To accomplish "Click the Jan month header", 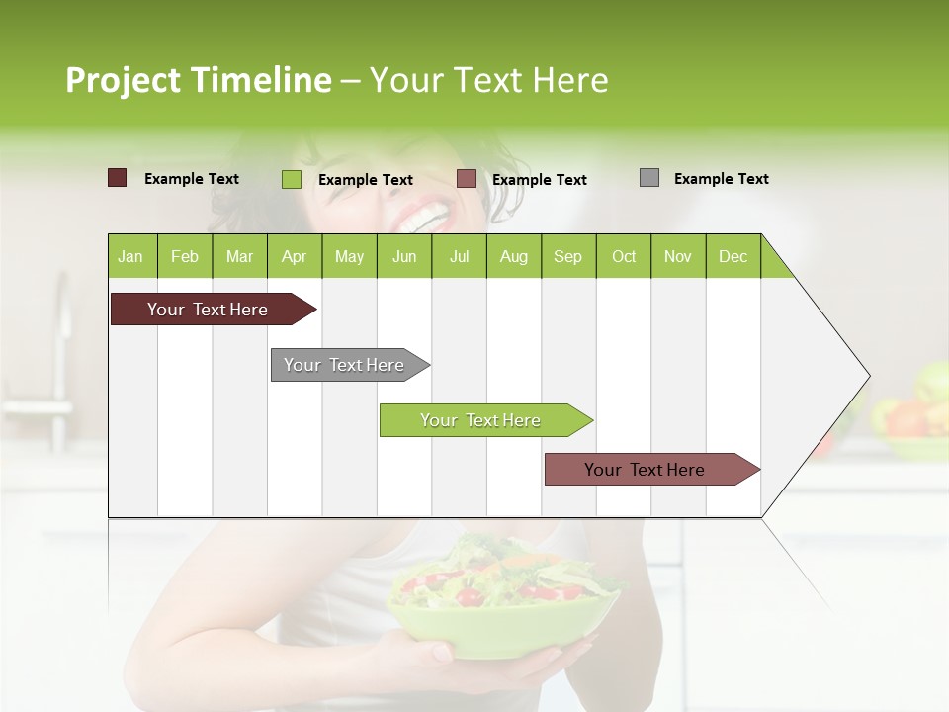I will click(x=131, y=256).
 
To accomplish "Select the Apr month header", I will click(x=295, y=256).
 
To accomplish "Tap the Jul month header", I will click(x=459, y=256).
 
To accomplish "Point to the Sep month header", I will click(x=567, y=256).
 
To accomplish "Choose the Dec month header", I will click(x=733, y=256).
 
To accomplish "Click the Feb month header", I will click(x=185, y=256).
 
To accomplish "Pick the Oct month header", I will click(x=624, y=256).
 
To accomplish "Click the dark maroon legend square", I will click(x=117, y=178).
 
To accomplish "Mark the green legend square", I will click(x=291, y=179).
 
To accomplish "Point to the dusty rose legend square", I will click(x=467, y=179).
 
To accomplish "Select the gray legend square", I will click(x=649, y=178).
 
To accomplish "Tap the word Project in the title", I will click(x=122, y=80).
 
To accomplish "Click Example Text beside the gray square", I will click(x=721, y=178).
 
